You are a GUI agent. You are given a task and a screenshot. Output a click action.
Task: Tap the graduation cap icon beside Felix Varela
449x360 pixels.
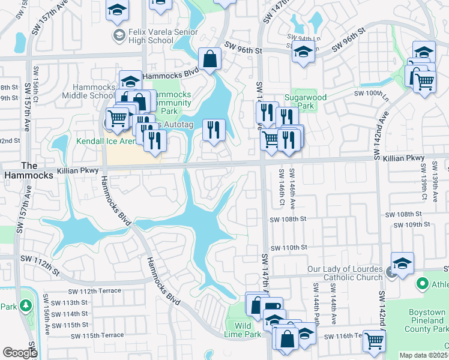(119, 35)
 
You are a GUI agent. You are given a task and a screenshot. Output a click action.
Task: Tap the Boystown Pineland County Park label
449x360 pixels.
(427, 321)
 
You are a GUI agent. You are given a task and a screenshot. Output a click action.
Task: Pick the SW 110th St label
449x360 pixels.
(289, 247)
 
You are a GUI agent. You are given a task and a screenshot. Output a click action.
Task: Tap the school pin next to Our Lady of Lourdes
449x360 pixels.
(402, 263)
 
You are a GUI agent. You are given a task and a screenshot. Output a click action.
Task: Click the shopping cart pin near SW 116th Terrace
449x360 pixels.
(375, 340)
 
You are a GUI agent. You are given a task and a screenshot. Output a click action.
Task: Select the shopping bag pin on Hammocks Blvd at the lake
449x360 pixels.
(209, 59)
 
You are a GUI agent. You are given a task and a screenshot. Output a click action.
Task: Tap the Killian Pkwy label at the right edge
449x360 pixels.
(406, 158)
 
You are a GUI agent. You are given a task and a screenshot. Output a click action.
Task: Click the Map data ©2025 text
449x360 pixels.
(424, 355)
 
